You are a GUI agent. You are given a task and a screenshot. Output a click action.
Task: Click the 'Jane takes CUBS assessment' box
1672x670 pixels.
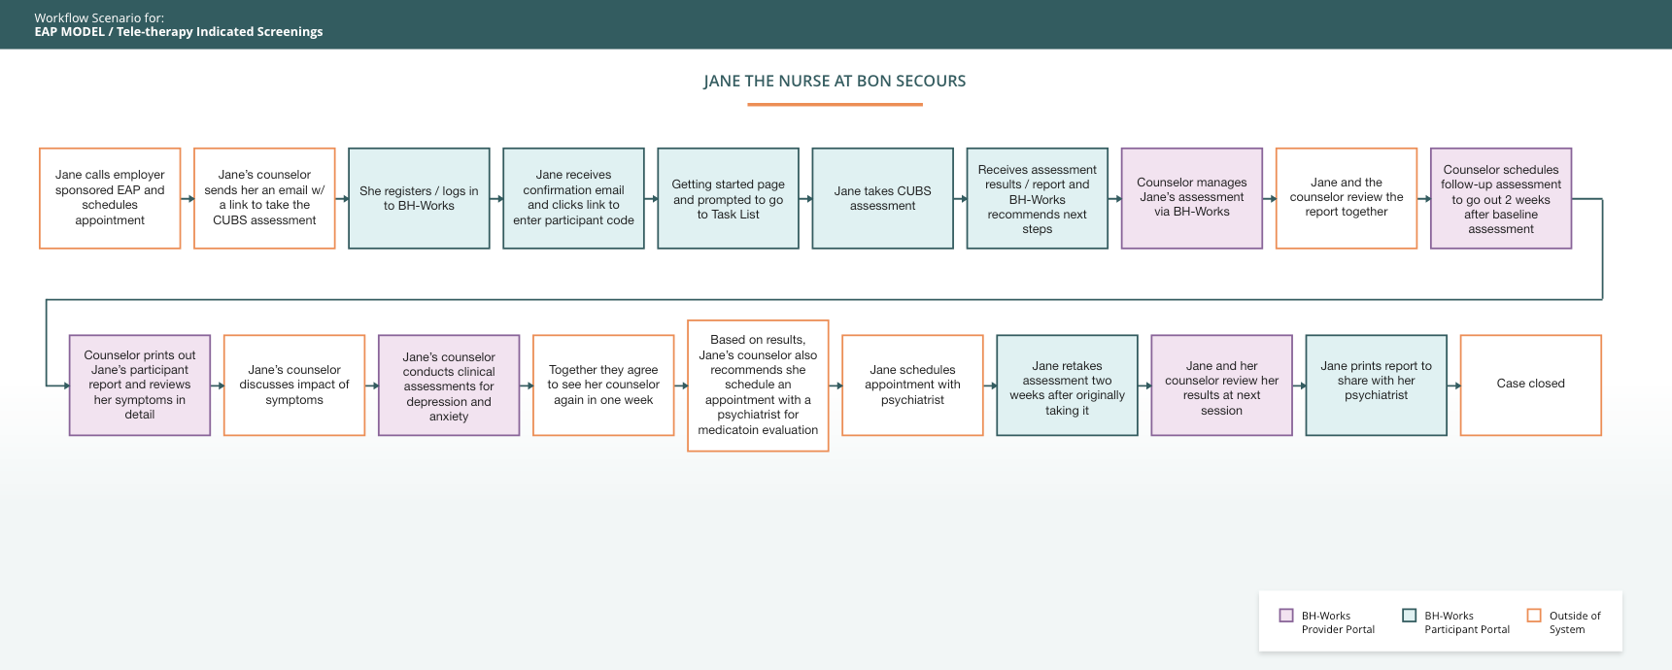click(882, 198)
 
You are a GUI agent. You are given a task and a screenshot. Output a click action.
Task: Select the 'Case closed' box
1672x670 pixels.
click(1530, 385)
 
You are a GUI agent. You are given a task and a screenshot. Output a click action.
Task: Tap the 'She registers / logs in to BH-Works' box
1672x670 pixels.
click(419, 198)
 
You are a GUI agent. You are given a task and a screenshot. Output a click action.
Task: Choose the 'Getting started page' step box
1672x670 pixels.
click(728, 198)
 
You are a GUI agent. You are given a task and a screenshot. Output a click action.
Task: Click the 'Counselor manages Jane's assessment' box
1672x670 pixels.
click(1191, 198)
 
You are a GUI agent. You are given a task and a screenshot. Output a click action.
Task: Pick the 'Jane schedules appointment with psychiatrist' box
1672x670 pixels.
click(912, 385)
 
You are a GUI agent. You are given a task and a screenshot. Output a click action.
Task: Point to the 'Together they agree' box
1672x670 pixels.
click(603, 385)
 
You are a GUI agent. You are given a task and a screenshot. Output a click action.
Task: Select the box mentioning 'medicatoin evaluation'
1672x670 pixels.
click(758, 385)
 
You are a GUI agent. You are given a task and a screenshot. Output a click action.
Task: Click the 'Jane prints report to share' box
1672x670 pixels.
click(1376, 385)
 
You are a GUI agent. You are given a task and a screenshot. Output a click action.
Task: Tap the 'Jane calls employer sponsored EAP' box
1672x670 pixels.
click(110, 198)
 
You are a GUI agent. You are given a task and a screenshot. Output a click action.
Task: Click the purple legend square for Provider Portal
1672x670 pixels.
click(1286, 615)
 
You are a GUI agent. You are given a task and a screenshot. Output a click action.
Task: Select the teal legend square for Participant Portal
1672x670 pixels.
click(1410, 615)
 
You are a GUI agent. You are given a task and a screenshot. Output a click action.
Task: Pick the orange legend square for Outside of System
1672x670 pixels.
click(1534, 615)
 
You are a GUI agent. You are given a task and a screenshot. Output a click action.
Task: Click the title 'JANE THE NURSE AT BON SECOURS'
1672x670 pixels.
click(835, 81)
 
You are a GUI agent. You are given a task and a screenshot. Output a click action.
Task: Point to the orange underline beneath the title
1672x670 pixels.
click(835, 104)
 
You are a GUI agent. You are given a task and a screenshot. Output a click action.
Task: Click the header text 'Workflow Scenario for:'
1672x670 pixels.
click(99, 17)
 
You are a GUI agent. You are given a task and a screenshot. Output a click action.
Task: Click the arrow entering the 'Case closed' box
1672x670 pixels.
click(1454, 385)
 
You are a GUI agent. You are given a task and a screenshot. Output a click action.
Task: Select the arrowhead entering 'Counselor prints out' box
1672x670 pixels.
click(65, 385)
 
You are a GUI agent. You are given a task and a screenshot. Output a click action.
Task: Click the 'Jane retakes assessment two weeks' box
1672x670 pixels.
click(1067, 385)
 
